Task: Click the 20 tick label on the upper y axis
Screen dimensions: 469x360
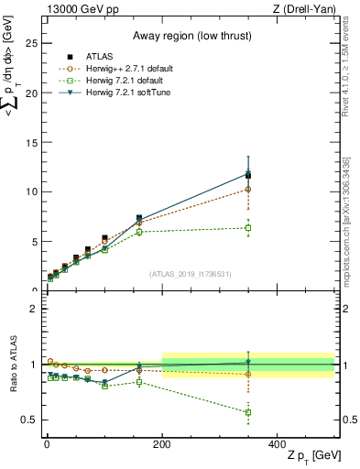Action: click(x=31, y=93)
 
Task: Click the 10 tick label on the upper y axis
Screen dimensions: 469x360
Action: click(x=31, y=191)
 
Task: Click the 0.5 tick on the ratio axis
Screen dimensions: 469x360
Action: click(x=27, y=420)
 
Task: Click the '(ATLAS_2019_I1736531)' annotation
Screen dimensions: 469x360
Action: click(x=189, y=274)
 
